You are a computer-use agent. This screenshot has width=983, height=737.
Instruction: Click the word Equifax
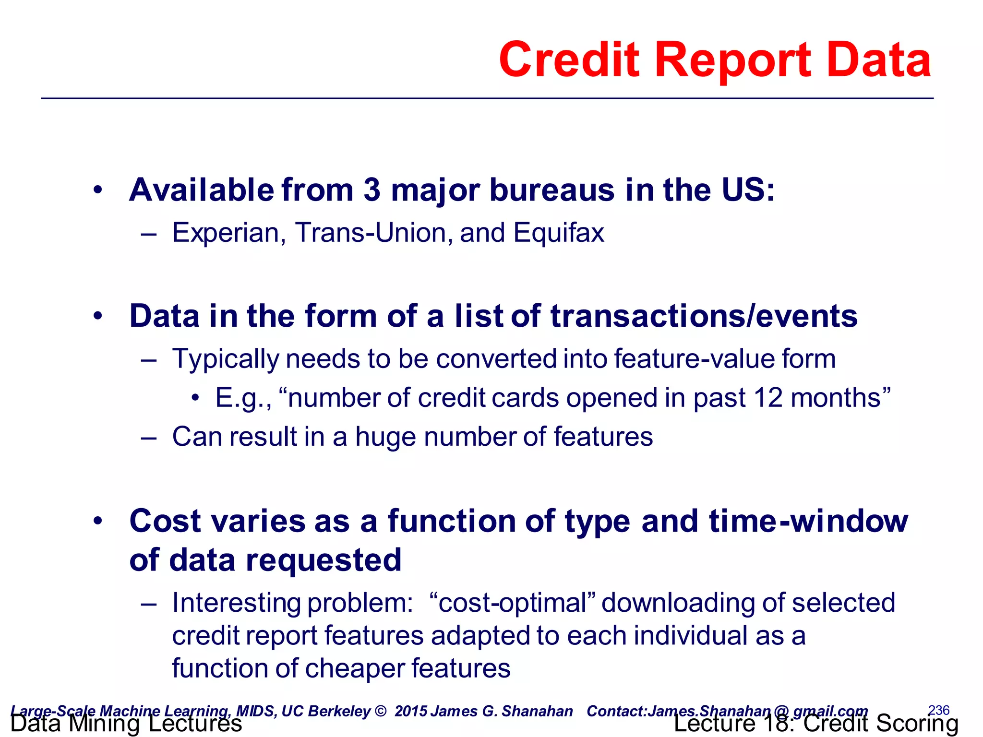point(558,233)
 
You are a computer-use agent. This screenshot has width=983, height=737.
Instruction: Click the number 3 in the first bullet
point(372,190)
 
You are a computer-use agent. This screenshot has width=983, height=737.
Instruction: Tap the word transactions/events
point(704,317)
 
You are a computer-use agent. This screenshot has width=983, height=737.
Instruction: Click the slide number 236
point(938,710)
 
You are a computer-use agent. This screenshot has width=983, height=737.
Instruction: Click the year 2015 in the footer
point(411,711)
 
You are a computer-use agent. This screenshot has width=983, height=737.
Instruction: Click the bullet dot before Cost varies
point(98,522)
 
